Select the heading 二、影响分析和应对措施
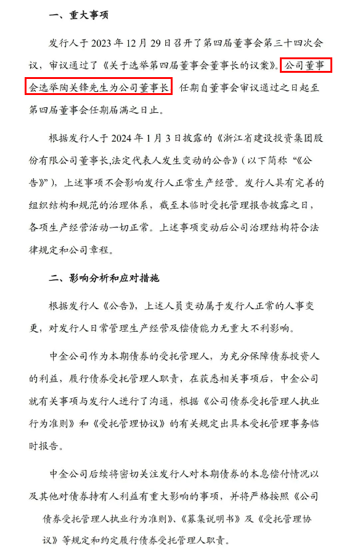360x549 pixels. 104,279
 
